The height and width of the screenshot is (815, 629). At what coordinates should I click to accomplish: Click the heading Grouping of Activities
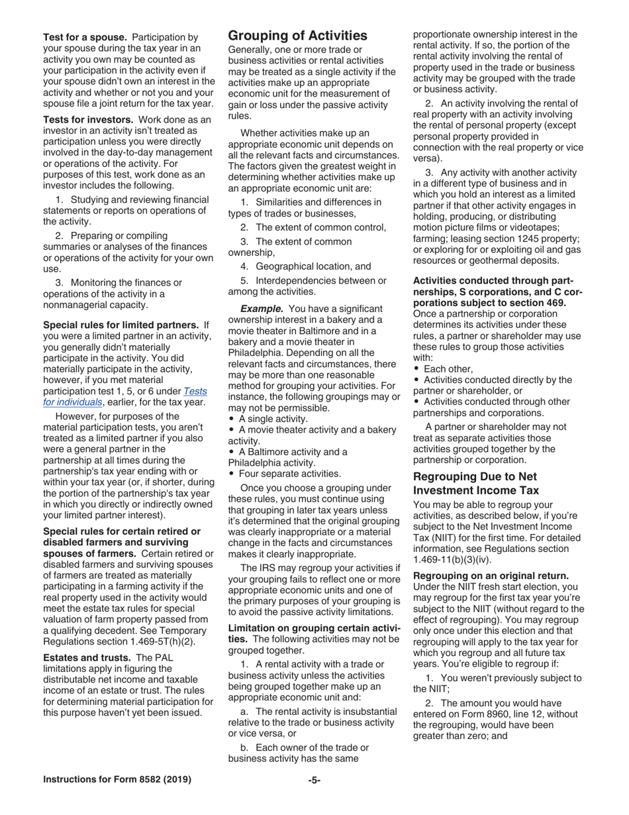[297, 36]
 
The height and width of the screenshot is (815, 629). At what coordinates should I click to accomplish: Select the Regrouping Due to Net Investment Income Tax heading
[476, 483]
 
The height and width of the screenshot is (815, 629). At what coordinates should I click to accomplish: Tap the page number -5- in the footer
[314, 780]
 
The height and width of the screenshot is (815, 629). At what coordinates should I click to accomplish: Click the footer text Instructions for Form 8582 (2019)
[117, 780]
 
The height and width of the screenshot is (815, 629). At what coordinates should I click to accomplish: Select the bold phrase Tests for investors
[89, 119]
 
